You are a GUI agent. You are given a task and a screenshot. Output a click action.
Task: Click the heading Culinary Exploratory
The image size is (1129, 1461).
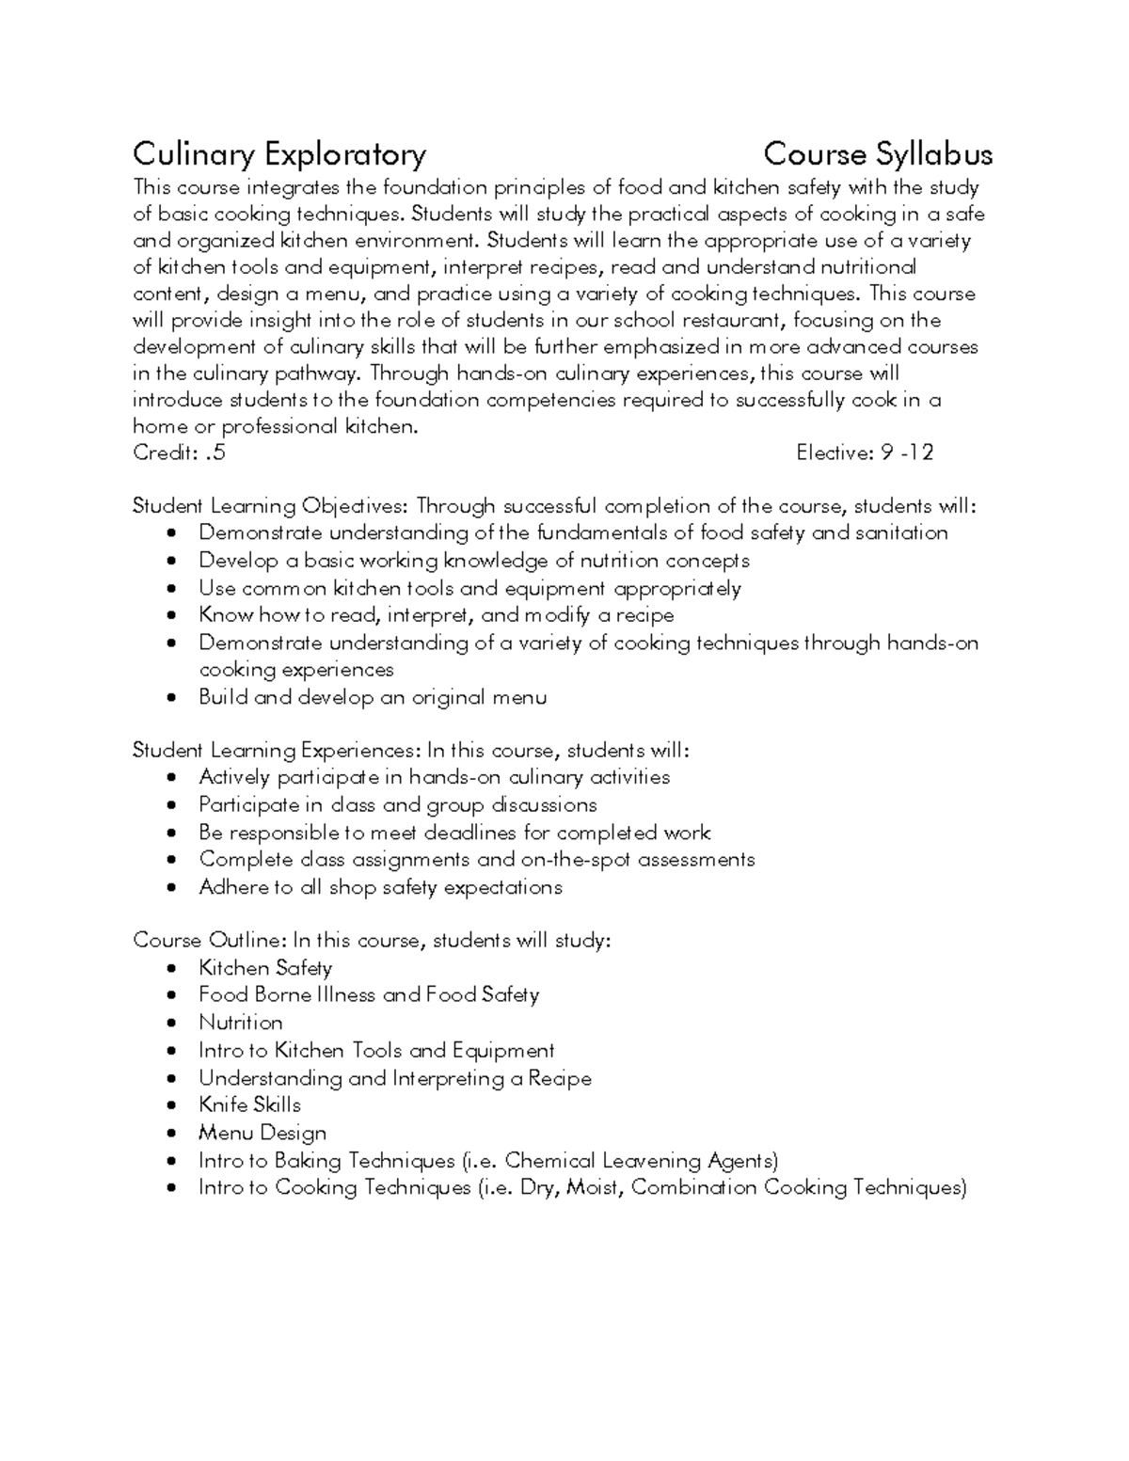tap(279, 153)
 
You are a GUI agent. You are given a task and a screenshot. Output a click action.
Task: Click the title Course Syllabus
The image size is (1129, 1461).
tap(877, 153)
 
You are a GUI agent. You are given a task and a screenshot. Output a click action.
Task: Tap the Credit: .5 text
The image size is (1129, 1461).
tap(179, 453)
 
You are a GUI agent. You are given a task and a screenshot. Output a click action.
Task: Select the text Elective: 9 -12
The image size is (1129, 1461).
tap(864, 453)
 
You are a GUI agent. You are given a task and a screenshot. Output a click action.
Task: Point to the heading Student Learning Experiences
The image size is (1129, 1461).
tap(276, 750)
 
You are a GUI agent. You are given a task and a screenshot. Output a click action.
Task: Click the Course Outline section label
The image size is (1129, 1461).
tap(210, 940)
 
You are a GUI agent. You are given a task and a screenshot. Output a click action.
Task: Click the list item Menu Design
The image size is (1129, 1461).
tap(262, 1133)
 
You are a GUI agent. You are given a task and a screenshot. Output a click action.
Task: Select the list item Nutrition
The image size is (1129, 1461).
tap(241, 1023)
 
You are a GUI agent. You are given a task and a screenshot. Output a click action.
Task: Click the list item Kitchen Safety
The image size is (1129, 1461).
tap(265, 967)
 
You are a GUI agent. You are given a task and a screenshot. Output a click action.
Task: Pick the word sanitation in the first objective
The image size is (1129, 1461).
tap(900, 532)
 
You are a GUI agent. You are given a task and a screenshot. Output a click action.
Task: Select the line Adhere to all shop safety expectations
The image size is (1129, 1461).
tap(380, 887)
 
